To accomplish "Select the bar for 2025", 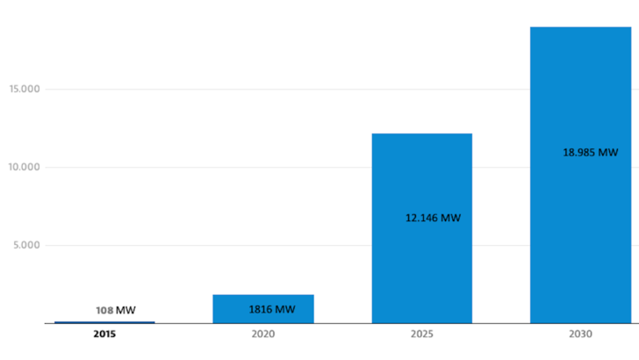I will pyautogui.click(x=421, y=263).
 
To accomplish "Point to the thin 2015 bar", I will pyautogui.click(x=104, y=322).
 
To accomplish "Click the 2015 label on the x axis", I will pyautogui.click(x=104, y=335).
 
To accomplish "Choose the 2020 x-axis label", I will pyautogui.click(x=262, y=335).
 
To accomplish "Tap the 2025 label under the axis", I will pyautogui.click(x=421, y=335).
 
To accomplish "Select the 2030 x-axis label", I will pyautogui.click(x=580, y=335).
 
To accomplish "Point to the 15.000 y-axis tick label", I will pyautogui.click(x=25, y=89).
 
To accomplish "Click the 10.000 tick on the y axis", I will pyautogui.click(x=25, y=167).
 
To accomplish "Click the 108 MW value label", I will pyautogui.click(x=115, y=311).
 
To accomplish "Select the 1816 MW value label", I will pyautogui.click(x=272, y=309).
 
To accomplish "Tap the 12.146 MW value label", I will pyautogui.click(x=433, y=218).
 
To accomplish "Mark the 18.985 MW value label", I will pyautogui.click(x=590, y=152).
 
